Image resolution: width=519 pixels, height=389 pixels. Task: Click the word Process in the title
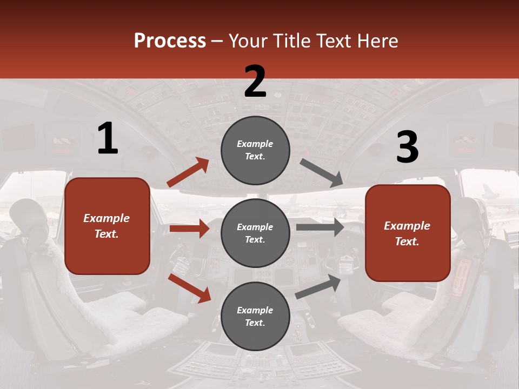tap(170, 41)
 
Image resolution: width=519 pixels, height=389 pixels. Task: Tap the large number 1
tap(108, 139)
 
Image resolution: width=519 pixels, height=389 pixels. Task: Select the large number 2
tap(255, 82)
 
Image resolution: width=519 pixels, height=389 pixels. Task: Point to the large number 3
tap(407, 147)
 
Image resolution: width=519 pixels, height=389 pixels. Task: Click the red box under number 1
tap(107, 226)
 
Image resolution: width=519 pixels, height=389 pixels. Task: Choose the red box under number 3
tap(408, 233)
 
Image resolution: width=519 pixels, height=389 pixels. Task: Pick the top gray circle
tap(255, 150)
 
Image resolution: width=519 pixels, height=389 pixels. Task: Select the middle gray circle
tap(255, 233)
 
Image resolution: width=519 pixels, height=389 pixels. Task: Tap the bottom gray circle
tap(255, 316)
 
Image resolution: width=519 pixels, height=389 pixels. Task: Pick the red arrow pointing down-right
tap(189, 287)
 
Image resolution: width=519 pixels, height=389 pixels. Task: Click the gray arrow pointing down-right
tap(322, 173)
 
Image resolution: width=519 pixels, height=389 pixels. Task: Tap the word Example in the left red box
tap(107, 218)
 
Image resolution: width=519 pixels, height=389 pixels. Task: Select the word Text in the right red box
tap(406, 242)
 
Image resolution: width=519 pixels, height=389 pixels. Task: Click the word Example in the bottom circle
tap(255, 310)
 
